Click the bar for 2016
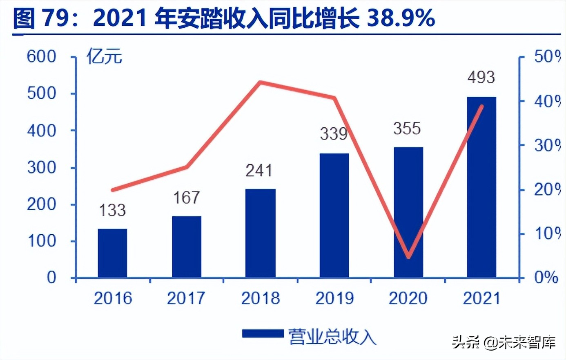pos(112,253)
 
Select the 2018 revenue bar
pos(261,233)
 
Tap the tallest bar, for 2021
pos(481,187)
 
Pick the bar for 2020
pos(408,212)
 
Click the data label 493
pos(481,77)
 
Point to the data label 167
pos(187,198)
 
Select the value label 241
pos(259,170)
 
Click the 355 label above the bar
pos(407,129)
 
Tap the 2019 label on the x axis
pos(334,298)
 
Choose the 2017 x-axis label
pos(186,298)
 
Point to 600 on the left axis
pos(41,56)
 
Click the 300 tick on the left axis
pos(41,167)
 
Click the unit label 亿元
pos(104,56)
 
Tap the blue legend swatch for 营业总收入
pos(263,334)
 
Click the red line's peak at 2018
pos(261,82)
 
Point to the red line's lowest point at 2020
pos(409,257)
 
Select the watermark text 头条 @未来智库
pos(504,342)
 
